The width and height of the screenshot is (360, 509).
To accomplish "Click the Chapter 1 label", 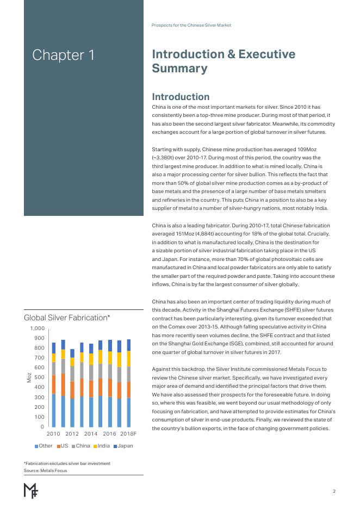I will tap(63, 55).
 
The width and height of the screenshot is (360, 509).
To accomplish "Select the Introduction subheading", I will tap(181, 97).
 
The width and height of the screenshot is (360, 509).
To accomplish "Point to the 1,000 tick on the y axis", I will tap(36, 328).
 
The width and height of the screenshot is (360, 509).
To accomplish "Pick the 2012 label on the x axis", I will tap(72, 434).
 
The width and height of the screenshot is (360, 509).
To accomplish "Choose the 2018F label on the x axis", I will tap(128, 434).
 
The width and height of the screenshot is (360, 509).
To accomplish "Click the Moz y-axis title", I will tap(29, 377).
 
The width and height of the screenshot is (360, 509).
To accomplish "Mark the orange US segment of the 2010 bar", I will tap(53, 384).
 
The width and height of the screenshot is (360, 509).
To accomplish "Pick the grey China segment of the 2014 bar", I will tap(91, 373).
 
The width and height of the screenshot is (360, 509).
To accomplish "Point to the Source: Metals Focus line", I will tap(45, 470).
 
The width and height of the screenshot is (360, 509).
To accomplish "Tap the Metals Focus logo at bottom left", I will tap(30, 490).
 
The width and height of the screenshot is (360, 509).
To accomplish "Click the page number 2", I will tap(334, 492).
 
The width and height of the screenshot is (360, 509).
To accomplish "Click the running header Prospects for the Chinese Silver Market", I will tap(195, 25).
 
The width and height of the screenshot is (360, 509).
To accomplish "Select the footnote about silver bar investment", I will tap(67, 463).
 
